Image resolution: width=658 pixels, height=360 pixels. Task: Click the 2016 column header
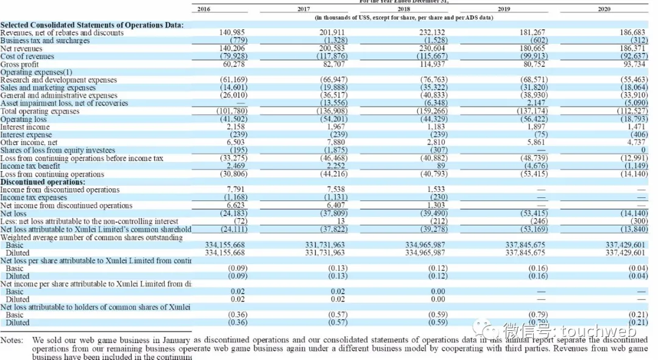[203, 9]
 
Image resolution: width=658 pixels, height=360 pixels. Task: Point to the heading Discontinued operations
[43, 182]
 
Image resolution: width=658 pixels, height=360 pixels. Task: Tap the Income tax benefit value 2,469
[235, 166]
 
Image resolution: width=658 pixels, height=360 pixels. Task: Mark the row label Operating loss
[24, 119]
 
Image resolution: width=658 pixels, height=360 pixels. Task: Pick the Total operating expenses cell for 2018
[433, 111]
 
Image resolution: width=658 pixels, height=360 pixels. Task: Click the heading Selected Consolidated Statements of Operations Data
[91, 25]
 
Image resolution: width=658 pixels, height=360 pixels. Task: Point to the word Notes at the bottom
[12, 340]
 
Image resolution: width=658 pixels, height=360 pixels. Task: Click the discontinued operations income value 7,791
[235, 189]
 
